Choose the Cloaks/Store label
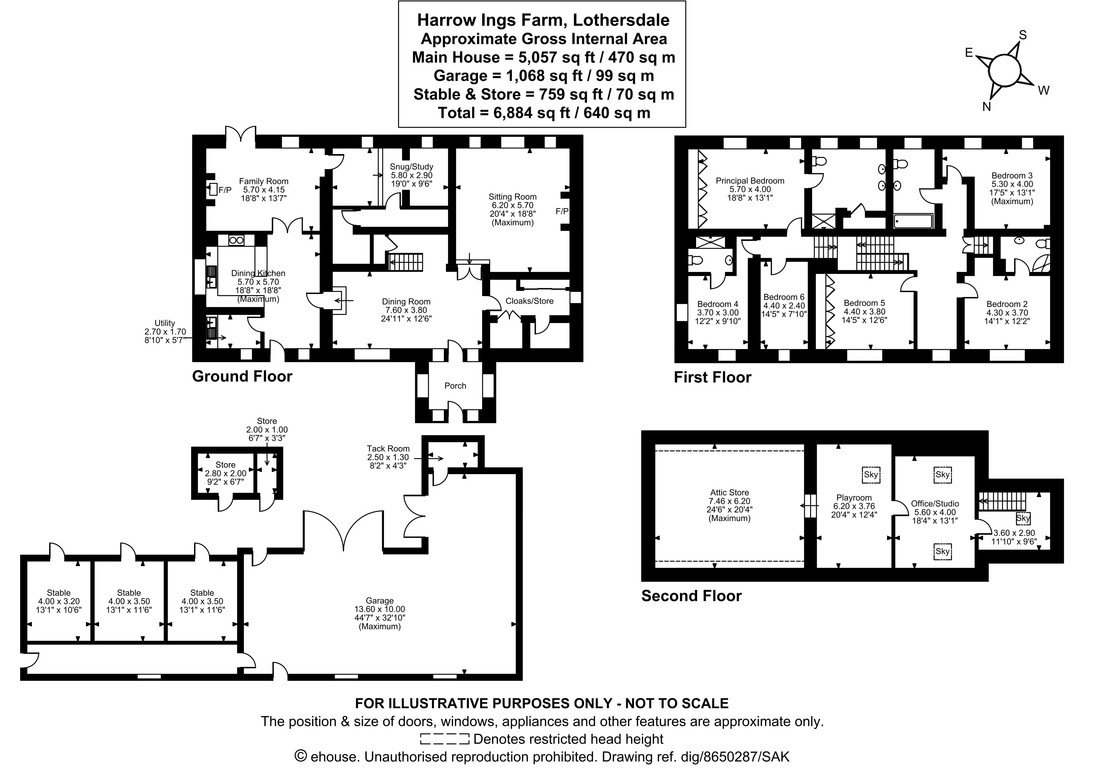tap(529, 301)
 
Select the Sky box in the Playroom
tap(870, 475)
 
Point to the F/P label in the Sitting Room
tap(562, 211)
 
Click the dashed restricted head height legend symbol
tap(444, 739)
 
